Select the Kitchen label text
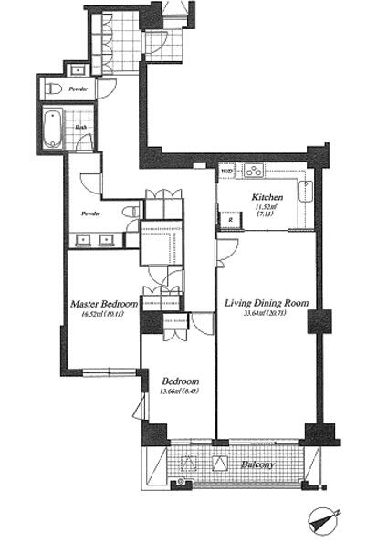(x=267, y=197)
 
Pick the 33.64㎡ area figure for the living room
(x=265, y=317)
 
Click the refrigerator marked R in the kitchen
(x=229, y=221)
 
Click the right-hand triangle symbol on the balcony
(x=219, y=462)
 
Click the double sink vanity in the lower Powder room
(x=94, y=240)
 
